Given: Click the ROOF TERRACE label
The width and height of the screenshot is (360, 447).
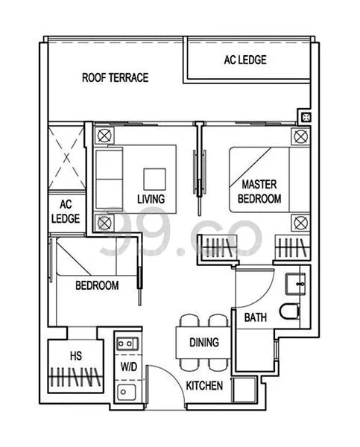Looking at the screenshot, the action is point(116,77).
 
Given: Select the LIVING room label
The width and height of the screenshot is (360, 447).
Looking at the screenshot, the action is point(151,199).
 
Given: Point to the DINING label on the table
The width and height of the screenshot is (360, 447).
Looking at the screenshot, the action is point(204,342).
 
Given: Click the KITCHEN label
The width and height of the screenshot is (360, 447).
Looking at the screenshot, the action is point(204,386).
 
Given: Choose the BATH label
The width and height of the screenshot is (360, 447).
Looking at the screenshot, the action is point(256,317).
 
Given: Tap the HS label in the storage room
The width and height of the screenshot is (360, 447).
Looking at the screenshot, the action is point(76,355).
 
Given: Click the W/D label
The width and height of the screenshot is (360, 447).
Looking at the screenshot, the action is point(129,367).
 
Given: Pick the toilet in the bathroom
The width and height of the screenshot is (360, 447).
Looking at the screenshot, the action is point(289,311).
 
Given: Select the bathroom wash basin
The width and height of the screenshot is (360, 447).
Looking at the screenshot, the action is point(296,284).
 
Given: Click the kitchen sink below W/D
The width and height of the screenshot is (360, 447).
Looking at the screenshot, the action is point(127,392).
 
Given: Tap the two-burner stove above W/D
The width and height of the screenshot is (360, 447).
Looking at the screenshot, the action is point(127,343).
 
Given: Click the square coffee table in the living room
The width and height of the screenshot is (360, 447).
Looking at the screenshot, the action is point(154,179).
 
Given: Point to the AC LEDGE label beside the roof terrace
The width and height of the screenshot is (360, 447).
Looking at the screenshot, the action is point(245,60).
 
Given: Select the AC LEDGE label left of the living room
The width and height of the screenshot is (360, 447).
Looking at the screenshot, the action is point(66,212).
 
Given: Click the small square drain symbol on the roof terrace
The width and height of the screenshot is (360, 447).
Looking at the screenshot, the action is point(306,117).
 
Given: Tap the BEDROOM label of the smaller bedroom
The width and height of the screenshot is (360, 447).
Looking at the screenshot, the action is point(97,285).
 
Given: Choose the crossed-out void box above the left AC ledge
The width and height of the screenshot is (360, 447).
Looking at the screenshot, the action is point(66,158).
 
